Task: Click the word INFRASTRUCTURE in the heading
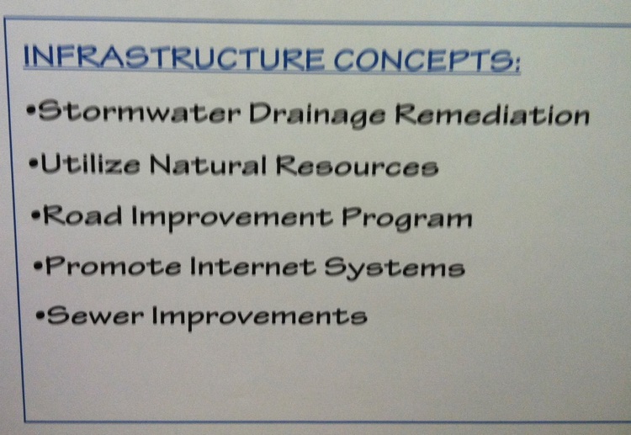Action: [x=174, y=57]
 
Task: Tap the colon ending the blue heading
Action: [x=517, y=65]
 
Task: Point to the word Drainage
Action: [x=318, y=114]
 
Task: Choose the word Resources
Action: [x=357, y=166]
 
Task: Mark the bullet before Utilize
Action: [x=34, y=164]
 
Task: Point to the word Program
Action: [x=407, y=219]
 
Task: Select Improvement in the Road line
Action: [x=232, y=217]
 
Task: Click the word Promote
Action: [x=113, y=266]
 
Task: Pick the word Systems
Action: [x=395, y=268]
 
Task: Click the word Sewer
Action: [x=95, y=315]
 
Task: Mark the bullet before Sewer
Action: [x=40, y=315]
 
